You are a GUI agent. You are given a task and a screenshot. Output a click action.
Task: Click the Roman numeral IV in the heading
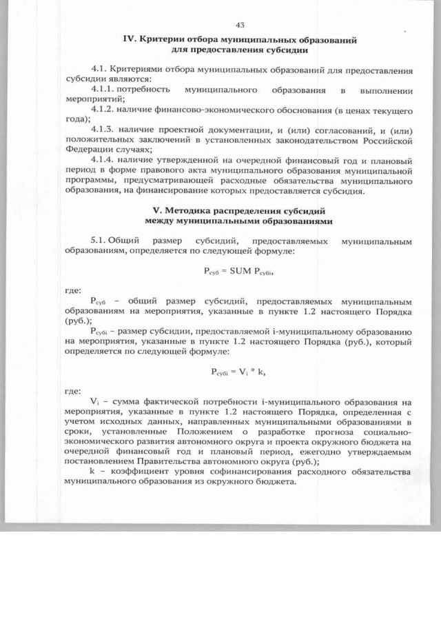point(129,40)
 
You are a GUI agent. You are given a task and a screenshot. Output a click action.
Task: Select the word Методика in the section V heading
point(185,211)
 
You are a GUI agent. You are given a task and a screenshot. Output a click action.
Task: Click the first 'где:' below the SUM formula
point(72,290)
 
